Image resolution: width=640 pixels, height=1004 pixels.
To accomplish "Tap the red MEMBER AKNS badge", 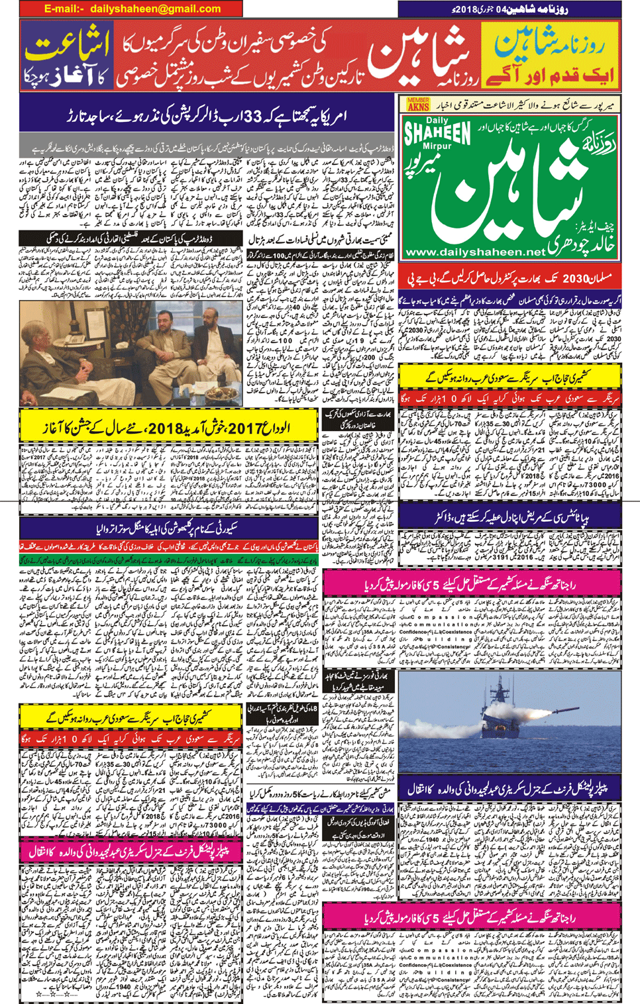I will pyautogui.click(x=418, y=104).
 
